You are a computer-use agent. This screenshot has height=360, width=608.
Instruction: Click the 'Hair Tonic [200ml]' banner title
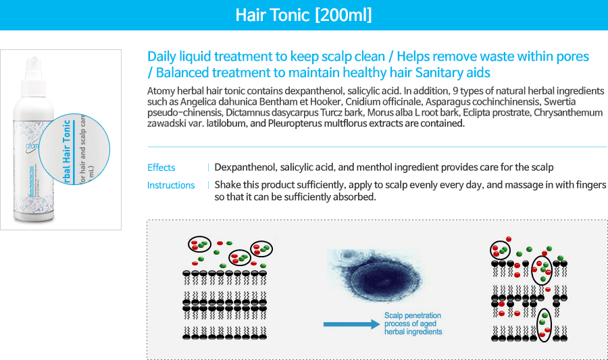pyautogui.click(x=303, y=15)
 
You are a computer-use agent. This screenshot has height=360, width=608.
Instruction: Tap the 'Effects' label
pyautogui.click(x=161, y=168)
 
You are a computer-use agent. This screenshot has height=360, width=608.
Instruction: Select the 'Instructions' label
pyautogui.click(x=171, y=185)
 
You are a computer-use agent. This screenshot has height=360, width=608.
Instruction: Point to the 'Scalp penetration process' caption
pyautogui.click(x=413, y=324)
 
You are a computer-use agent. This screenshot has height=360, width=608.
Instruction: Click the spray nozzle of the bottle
pyautogui.click(x=33, y=62)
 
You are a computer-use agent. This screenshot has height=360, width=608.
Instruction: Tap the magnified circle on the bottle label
pyautogui.click(x=74, y=149)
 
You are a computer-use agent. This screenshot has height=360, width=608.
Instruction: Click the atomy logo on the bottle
pyautogui.click(x=32, y=146)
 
